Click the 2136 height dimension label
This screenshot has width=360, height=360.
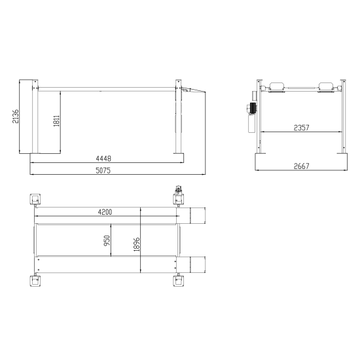pyautogui.click(x=16, y=117)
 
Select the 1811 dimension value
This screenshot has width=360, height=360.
pyautogui.click(x=56, y=121)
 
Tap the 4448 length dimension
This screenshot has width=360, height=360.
pyautogui.click(x=103, y=158)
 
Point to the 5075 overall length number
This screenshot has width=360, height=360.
pyautogui.click(x=103, y=170)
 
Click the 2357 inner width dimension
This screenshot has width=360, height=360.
pyautogui.click(x=302, y=128)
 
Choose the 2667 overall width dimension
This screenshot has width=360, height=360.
pyautogui.click(x=302, y=166)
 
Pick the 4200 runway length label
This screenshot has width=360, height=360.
pyautogui.click(x=105, y=212)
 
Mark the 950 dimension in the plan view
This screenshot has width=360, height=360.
pyautogui.click(x=107, y=241)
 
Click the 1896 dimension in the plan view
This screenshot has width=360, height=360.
pyautogui.click(x=136, y=244)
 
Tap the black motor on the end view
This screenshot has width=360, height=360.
pyautogui.click(x=253, y=108)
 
